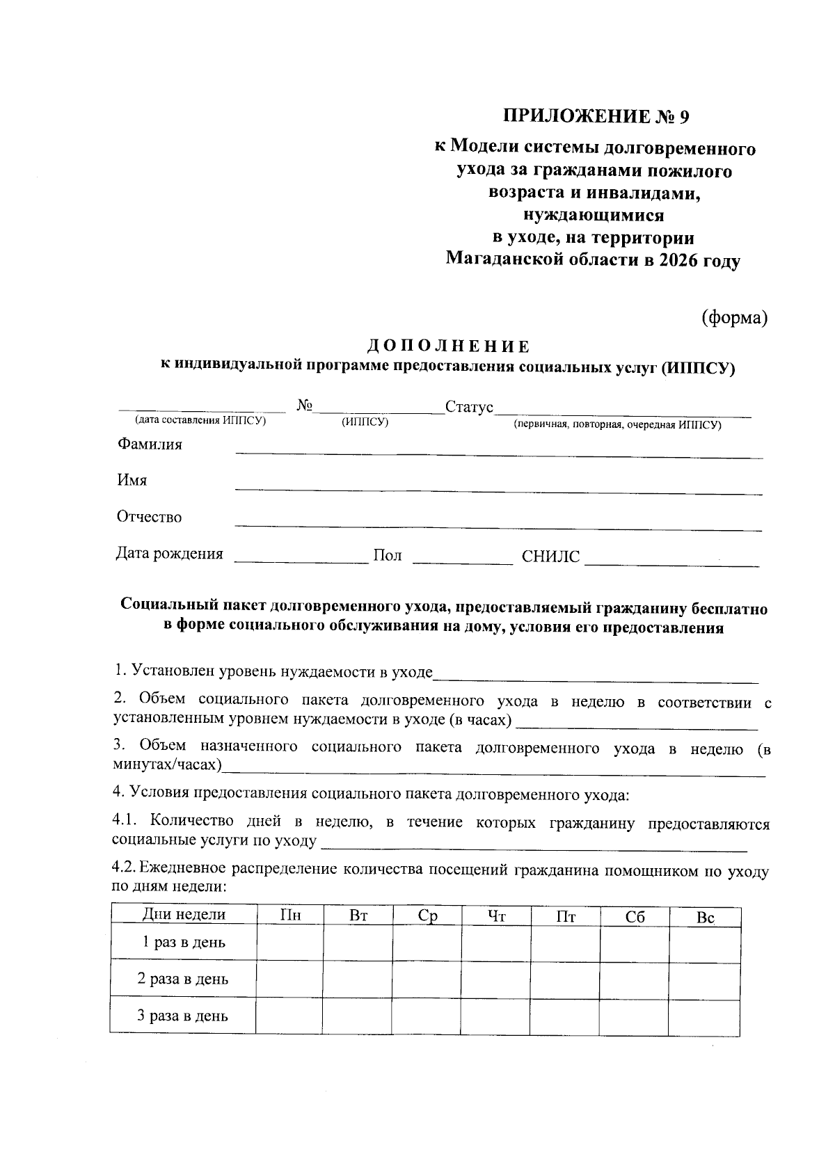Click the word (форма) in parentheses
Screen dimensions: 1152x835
coord(733,318)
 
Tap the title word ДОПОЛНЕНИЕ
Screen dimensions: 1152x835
coord(448,346)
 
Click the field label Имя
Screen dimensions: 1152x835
coord(132,481)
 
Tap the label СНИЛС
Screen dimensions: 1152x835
coord(550,557)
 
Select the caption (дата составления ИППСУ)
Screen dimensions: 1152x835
coord(201,420)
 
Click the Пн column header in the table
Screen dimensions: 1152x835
coord(289,916)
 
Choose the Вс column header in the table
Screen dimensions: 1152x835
coord(705,918)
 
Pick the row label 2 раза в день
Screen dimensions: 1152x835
coord(183,979)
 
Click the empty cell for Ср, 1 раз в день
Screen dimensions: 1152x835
coord(426,943)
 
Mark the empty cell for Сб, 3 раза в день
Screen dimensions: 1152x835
coord(634,1016)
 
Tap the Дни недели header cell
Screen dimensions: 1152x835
coord(184,915)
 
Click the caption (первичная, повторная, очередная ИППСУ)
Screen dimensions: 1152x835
coord(617,424)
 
